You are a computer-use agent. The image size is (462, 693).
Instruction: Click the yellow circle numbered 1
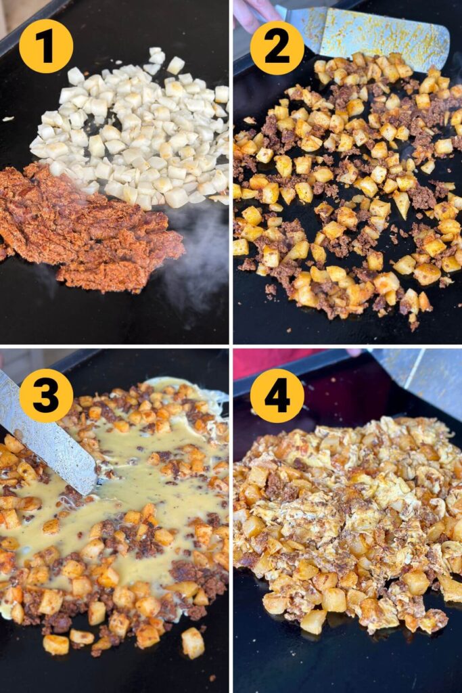pos(45,46)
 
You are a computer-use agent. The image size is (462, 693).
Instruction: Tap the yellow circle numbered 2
pos(277,47)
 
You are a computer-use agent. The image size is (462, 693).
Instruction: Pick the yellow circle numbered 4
pos(277,395)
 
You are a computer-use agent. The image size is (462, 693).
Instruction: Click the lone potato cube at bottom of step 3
pos(192,642)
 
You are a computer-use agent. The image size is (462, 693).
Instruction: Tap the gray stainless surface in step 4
pos(419,379)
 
